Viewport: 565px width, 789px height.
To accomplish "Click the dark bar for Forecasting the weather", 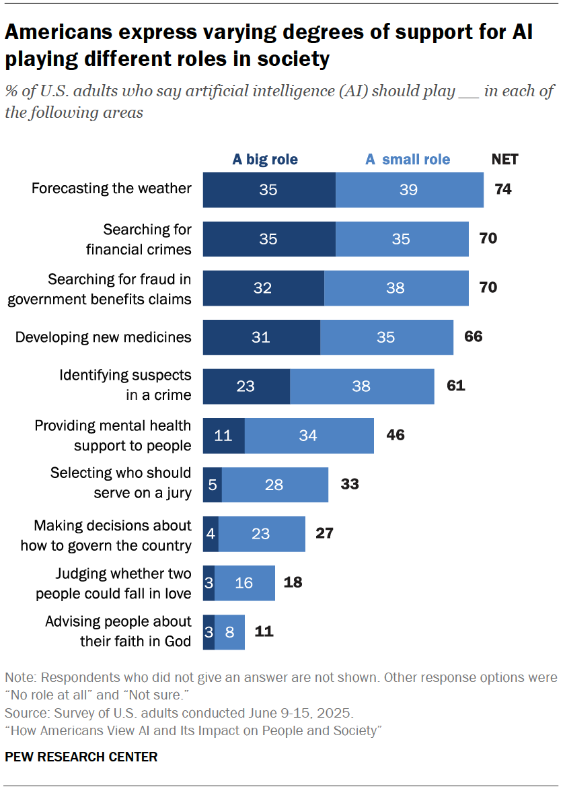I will (268, 190).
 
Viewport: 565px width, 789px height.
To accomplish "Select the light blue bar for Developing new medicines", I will (386, 337).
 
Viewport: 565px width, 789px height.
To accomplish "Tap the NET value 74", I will (503, 190).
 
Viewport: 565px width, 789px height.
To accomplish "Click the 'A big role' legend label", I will (265, 160).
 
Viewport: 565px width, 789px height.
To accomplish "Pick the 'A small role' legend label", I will (408, 160).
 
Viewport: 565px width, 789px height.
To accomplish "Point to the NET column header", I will (505, 160).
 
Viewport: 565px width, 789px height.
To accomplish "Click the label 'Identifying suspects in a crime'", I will (125, 385).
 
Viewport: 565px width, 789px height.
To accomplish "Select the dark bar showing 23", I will (246, 386).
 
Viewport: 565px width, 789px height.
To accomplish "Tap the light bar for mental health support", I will (309, 436).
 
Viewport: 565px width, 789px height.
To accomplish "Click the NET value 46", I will (395, 436).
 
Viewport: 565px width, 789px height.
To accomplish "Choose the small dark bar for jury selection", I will (212, 485).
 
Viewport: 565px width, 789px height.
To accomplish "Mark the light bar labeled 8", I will (229, 631).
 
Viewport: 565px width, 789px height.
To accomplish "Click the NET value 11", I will (264, 631).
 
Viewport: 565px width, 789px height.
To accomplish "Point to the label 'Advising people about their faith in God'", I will (118, 631).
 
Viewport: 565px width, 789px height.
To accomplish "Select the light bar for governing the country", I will (262, 534).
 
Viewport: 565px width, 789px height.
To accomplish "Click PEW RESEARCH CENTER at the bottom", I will (81, 757).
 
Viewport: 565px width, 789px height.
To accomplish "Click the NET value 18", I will (293, 582).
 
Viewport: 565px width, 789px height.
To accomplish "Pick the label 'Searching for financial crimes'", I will (139, 239).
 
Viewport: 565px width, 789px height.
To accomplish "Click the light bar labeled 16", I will (244, 583).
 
